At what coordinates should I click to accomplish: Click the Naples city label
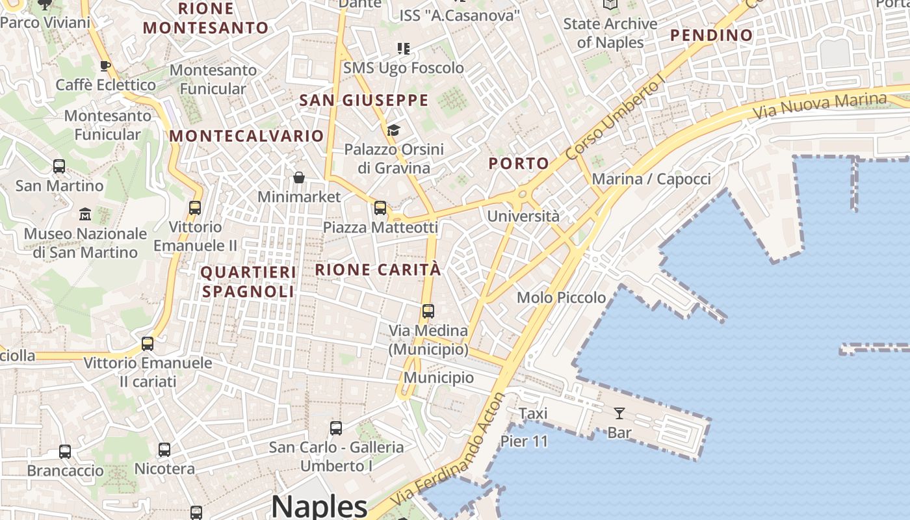click(319, 506)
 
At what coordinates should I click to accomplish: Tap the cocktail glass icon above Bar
click(619, 413)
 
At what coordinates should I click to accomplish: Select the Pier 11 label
click(524, 441)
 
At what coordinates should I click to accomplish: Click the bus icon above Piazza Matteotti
click(380, 208)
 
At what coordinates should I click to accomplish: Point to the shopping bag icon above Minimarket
click(299, 177)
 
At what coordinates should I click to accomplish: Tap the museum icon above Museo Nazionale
click(85, 214)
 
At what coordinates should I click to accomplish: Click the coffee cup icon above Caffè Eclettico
click(105, 66)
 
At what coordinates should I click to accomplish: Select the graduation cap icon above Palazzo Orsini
click(393, 130)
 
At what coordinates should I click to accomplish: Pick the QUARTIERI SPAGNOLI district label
click(248, 282)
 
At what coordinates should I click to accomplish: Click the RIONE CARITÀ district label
click(378, 270)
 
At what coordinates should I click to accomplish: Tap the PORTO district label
click(519, 164)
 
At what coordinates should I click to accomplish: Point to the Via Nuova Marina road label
click(820, 106)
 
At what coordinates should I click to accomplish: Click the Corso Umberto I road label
click(615, 118)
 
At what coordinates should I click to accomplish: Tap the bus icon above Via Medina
click(428, 311)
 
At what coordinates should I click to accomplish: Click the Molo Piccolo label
click(561, 298)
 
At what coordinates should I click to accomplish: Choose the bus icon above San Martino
click(59, 166)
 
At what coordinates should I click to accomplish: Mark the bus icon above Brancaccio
click(65, 451)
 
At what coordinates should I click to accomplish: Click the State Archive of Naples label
click(610, 33)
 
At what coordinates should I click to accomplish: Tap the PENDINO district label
click(711, 35)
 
